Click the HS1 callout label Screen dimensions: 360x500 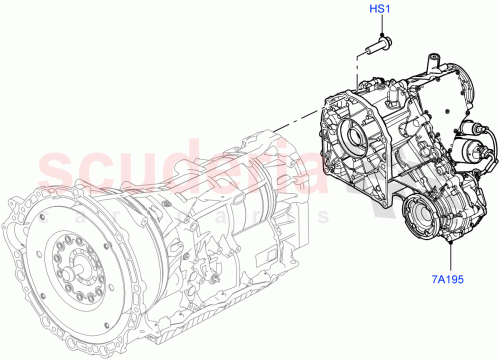(379, 11)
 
